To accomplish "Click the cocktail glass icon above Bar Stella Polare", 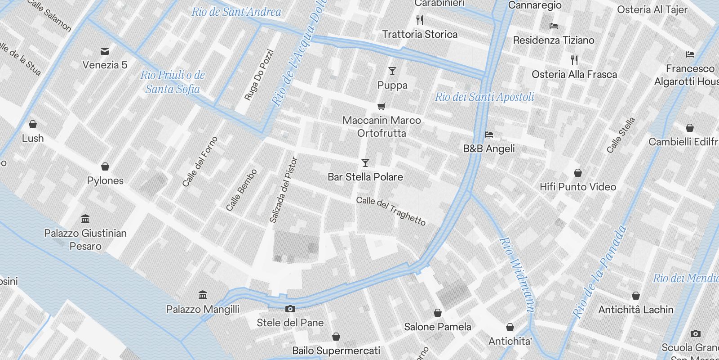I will (x=365, y=163).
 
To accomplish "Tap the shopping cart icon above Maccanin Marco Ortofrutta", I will (x=382, y=107).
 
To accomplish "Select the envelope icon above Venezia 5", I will (x=105, y=51).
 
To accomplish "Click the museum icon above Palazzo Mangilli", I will (x=203, y=295).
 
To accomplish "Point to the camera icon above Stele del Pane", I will (x=290, y=309).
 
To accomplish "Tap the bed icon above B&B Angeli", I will (x=489, y=135).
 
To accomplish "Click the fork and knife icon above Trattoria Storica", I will (x=420, y=20).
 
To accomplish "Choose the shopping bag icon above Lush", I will (x=32, y=124).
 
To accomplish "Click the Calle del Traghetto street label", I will (x=391, y=211).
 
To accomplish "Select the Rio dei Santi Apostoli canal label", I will (x=484, y=97).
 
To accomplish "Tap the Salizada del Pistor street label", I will (x=283, y=190).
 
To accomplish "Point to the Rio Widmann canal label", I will (x=517, y=274).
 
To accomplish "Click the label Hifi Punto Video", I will (x=577, y=187).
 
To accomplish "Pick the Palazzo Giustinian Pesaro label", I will (x=85, y=239).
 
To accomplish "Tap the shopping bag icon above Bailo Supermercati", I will (x=336, y=337).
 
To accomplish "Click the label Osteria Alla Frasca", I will (x=574, y=74).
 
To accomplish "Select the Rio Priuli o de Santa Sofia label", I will (x=173, y=82).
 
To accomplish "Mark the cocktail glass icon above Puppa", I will (x=392, y=71).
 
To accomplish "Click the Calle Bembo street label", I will (x=241, y=190).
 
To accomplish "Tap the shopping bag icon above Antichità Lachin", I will (x=635, y=296).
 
